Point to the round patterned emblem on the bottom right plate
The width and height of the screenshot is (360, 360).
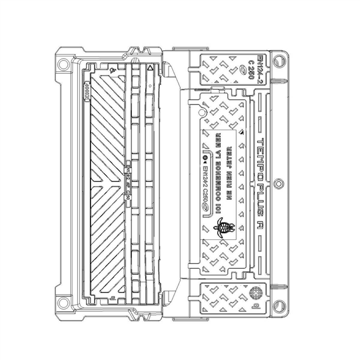click(257, 293)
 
